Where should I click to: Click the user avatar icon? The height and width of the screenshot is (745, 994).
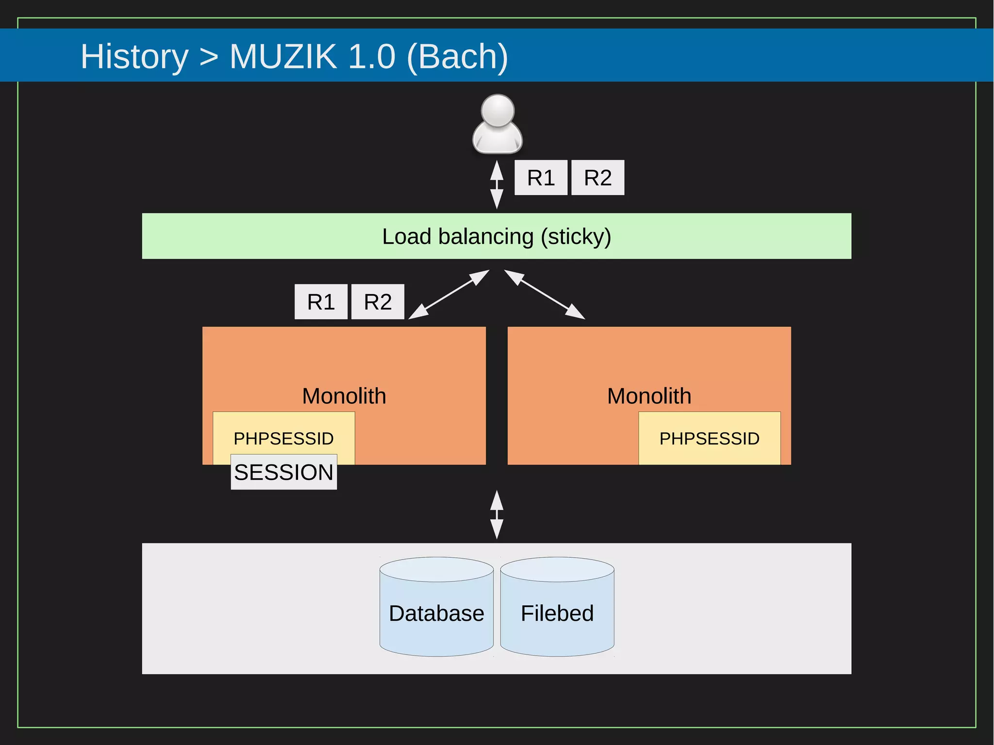pos(497,125)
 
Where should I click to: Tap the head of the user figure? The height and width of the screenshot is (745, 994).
pos(497,110)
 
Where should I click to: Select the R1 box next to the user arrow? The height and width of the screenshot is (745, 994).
pos(541,178)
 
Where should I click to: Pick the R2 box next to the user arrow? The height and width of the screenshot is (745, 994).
pos(597,178)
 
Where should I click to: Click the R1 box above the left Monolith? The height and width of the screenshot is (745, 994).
pos(321,302)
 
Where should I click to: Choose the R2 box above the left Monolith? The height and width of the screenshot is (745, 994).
pos(378,302)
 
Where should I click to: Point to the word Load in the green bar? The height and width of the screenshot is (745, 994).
pos(407,237)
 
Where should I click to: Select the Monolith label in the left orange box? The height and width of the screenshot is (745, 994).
pos(344,396)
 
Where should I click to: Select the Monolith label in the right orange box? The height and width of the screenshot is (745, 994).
pos(649,396)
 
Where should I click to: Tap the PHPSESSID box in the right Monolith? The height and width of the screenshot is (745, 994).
pos(709,438)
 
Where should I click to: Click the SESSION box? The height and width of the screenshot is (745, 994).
pos(283,472)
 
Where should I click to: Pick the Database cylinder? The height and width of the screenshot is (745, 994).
pos(436,613)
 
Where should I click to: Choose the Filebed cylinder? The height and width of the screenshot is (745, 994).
pos(557,613)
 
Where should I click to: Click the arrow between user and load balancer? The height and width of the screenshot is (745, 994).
pos(497,185)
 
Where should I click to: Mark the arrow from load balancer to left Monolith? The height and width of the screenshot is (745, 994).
pos(449,295)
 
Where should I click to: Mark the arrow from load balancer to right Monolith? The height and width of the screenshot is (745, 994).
pos(545,295)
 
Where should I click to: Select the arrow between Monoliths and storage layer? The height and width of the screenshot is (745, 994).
pos(497,515)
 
